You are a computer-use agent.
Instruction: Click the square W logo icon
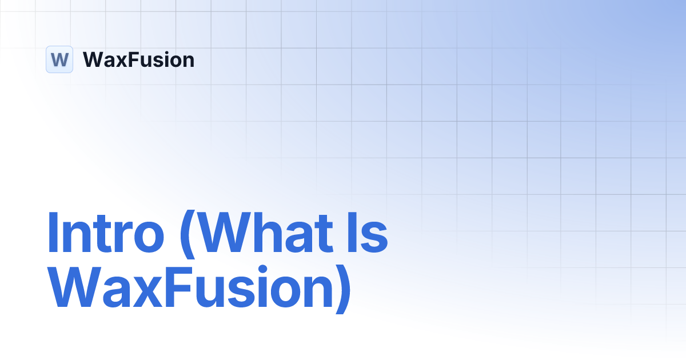click(x=59, y=59)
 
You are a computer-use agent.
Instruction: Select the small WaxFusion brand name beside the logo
click(x=138, y=59)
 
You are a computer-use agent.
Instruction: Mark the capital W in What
click(x=224, y=233)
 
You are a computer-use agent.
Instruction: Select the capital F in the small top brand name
click(x=132, y=59)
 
